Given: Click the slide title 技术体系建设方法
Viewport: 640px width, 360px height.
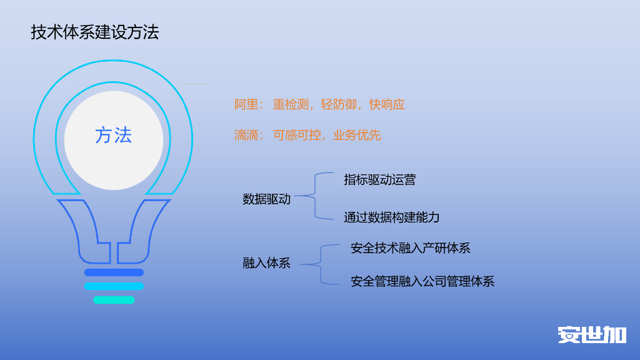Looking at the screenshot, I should tap(95, 32).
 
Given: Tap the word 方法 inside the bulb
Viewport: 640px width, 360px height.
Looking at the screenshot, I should tap(114, 135).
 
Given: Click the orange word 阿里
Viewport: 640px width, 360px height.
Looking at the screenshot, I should tap(246, 104).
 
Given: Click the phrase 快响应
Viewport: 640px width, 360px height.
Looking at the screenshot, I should tap(387, 104).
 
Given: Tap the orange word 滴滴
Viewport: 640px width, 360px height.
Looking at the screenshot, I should tap(246, 135).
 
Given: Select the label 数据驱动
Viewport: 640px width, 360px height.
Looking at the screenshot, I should tap(267, 200).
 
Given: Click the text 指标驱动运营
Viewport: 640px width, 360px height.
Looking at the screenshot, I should tap(380, 180).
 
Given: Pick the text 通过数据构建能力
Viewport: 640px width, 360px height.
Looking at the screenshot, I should tap(392, 217).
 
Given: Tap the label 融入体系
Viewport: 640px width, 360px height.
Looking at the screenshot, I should tap(267, 263).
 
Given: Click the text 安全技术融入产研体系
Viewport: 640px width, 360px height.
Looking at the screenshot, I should tap(411, 248).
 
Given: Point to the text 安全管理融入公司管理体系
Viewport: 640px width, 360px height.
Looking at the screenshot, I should tap(422, 281).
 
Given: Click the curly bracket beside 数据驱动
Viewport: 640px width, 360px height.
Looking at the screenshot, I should tap(314, 196).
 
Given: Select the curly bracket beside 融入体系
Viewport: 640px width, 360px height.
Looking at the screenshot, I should tap(320, 264).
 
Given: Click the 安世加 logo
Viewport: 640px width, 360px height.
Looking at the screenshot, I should tap(592, 334).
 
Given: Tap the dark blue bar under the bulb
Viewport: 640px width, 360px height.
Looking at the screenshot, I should tap(114, 272).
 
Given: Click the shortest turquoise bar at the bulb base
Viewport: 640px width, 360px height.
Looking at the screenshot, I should tap(114, 300).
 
